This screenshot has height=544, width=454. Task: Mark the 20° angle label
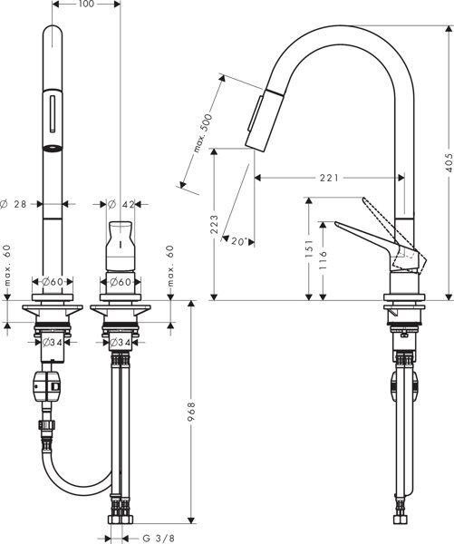coord(238,241)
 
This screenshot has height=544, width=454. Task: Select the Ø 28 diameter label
coord(17,204)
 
